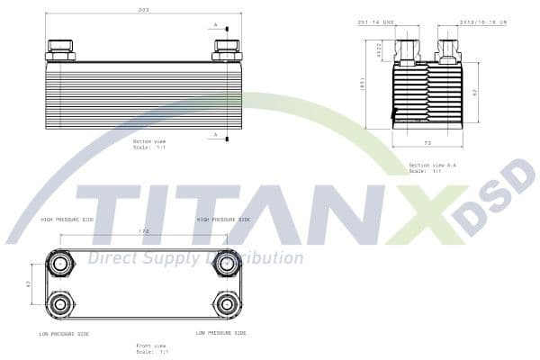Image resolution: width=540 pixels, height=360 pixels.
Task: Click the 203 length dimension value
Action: [x=142, y=11]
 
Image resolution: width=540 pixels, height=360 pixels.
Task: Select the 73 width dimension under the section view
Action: [x=427, y=142]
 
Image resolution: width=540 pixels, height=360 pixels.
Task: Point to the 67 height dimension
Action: [x=475, y=92]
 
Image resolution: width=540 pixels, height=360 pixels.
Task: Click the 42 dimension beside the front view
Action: [x=29, y=283]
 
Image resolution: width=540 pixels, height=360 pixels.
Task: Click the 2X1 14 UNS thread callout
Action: [x=376, y=21]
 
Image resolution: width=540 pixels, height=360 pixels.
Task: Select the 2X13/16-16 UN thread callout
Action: [x=483, y=21]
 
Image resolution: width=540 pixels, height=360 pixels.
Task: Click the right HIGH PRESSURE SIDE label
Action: [x=223, y=219]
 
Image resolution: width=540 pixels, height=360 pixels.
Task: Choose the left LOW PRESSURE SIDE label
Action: [x=64, y=333]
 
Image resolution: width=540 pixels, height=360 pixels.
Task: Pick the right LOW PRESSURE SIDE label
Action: [x=220, y=333]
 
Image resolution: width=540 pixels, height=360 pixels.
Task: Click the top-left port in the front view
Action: [x=60, y=264]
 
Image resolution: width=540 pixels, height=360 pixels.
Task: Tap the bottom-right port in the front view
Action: [x=225, y=303]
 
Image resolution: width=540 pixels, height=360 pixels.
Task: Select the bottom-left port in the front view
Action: [x=60, y=303]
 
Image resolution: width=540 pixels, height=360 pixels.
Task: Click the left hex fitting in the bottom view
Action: [x=60, y=49]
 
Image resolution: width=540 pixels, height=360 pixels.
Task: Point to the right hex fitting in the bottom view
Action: [x=226, y=49]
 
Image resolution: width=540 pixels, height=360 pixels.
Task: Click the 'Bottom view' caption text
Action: [x=149, y=141]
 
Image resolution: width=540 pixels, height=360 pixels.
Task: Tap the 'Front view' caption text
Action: [x=151, y=346]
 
